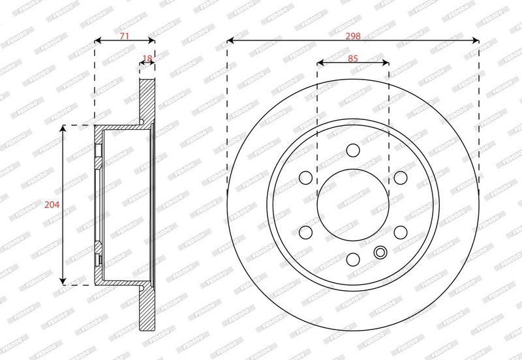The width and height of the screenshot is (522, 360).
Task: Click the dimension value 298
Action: (353, 36)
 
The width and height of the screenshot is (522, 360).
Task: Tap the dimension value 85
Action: (353, 59)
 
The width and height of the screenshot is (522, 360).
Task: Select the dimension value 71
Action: (124, 36)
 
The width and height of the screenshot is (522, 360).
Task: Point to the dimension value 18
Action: (147, 59)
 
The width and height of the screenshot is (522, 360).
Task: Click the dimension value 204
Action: (52, 205)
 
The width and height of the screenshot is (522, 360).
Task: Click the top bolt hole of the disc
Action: (353, 151)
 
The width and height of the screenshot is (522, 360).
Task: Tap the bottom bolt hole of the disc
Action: (353, 260)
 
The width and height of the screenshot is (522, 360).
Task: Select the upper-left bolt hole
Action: (305, 177)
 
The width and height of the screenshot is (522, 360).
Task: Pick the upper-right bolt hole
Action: (401, 177)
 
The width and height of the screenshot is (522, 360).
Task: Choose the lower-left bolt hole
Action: (305, 232)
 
